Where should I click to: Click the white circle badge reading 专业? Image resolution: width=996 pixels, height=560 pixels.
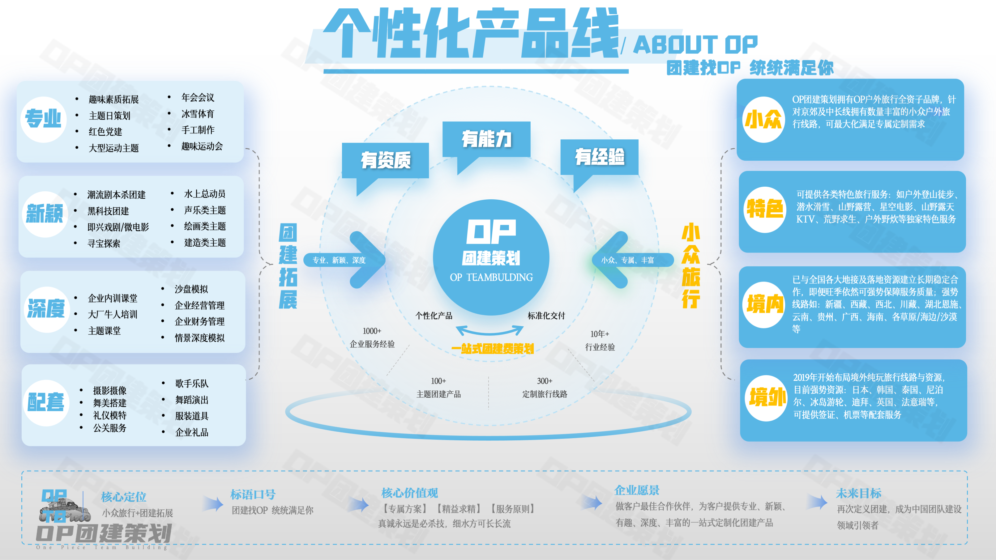(x=44, y=119)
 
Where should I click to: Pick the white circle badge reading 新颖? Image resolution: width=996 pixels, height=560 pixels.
(x=45, y=214)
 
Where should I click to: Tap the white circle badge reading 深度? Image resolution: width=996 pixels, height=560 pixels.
(x=47, y=309)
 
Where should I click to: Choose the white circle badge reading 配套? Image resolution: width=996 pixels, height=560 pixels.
(x=46, y=403)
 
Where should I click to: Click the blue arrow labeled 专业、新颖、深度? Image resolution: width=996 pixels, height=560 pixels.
(x=344, y=260)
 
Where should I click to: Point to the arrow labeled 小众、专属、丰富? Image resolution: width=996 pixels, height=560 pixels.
(x=633, y=260)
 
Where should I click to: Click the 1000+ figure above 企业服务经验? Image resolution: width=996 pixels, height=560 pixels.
(x=372, y=331)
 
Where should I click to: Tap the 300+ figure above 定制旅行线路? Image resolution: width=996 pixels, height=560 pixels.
(x=545, y=381)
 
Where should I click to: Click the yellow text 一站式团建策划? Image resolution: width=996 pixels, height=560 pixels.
(x=493, y=349)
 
